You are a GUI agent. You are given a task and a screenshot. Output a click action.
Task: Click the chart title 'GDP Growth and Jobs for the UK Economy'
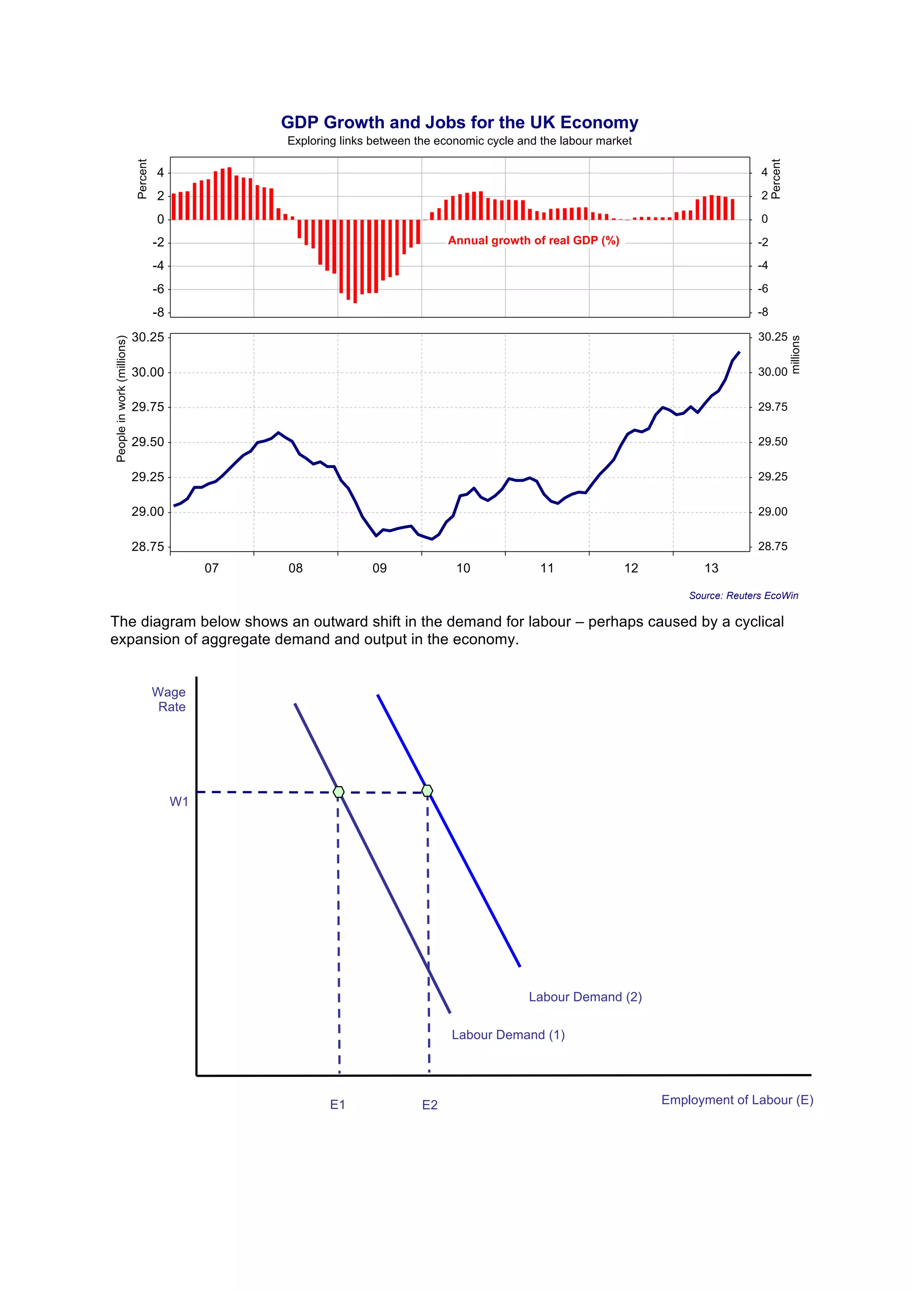[x=459, y=122]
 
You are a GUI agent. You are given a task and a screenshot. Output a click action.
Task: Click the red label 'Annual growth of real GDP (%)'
[x=533, y=240]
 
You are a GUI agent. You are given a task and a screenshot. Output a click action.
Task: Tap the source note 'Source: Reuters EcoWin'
[x=743, y=596]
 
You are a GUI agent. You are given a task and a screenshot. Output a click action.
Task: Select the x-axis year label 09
[x=379, y=568]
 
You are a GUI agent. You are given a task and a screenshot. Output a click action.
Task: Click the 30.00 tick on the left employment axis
[x=148, y=373]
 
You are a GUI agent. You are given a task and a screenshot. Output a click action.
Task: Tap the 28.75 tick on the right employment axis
[x=772, y=547]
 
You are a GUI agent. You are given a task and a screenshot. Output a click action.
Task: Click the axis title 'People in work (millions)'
[x=121, y=398]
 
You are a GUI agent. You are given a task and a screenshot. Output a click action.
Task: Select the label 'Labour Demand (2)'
[x=585, y=997]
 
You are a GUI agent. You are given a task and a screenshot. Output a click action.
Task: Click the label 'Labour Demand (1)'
[x=508, y=1035]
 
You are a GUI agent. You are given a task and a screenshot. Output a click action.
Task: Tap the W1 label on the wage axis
[x=179, y=802]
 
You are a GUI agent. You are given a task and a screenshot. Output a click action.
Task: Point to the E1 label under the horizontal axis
[x=337, y=1104]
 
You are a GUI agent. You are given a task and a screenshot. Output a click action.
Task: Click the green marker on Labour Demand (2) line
[x=427, y=791]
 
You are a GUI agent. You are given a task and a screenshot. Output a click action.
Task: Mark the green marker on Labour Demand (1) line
[x=338, y=791]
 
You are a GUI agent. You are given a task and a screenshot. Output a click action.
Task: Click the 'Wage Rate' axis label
[x=169, y=699]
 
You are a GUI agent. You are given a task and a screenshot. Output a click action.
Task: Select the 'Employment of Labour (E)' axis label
[x=737, y=1099]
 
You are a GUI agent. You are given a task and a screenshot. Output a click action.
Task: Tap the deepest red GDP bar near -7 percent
[x=354, y=261]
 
